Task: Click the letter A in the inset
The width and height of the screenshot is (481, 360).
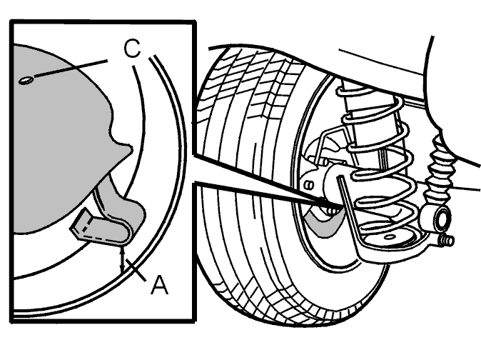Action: coord(160,285)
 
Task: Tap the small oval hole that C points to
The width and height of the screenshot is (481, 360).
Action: coord(26,81)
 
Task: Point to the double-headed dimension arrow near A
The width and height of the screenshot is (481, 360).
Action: coord(123,259)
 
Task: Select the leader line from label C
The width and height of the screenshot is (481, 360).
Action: coord(71,69)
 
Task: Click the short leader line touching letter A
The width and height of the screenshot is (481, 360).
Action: coord(136,270)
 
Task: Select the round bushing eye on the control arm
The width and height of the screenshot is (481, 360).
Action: coord(441,219)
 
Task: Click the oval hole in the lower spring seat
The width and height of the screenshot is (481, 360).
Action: coord(389,237)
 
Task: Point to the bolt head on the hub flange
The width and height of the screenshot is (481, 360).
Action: coord(309,185)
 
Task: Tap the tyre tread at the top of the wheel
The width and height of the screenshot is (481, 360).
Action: coord(260,71)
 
